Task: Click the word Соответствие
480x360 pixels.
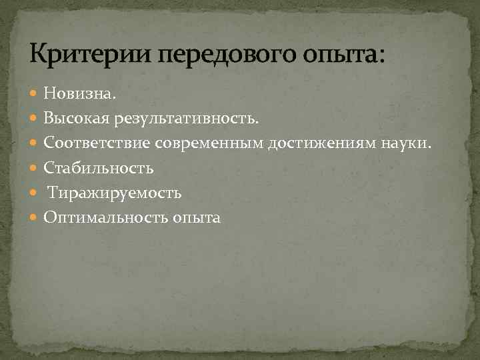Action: (x=97, y=143)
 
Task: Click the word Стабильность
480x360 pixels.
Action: (x=99, y=168)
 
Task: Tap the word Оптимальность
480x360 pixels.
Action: (x=107, y=217)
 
